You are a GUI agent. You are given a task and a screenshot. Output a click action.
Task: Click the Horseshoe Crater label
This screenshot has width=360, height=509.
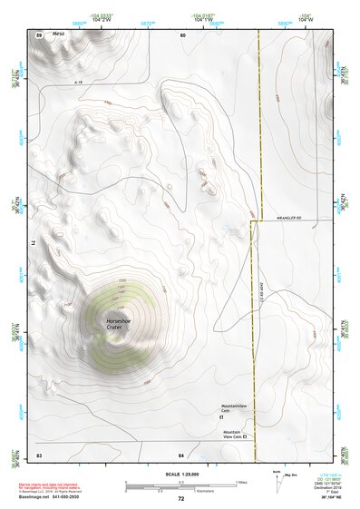(x=120, y=324)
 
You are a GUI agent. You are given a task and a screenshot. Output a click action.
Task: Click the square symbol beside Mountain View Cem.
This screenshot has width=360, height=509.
(x=244, y=437)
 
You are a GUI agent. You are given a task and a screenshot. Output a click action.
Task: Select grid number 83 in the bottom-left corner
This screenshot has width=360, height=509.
(x=39, y=453)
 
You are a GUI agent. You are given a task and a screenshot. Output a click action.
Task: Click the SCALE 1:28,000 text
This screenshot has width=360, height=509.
(x=181, y=475)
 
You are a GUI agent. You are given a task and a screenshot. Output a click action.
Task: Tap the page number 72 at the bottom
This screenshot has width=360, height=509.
(x=181, y=499)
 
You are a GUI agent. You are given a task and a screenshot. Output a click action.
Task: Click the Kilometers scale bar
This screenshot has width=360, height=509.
(x=181, y=492)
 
